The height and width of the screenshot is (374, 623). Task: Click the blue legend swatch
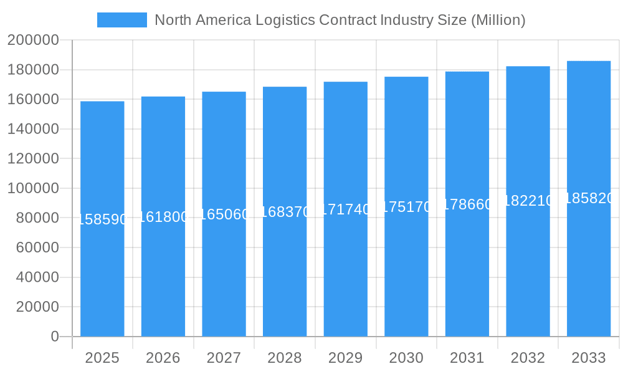[122, 20]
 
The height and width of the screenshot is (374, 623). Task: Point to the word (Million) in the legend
[498, 20]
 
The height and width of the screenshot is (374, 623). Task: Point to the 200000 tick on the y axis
[33, 41]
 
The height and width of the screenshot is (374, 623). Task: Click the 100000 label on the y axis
[33, 188]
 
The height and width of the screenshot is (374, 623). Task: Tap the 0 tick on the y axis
[54, 337]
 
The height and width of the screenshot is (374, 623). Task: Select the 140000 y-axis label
[33, 129]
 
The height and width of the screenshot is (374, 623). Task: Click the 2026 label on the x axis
[163, 358]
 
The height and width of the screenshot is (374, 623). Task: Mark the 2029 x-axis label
[345, 358]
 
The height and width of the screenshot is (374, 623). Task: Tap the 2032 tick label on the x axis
[528, 358]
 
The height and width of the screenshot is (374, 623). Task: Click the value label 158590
[102, 219]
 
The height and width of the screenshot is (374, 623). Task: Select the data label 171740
[345, 209]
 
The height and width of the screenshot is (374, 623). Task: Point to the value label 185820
[589, 198]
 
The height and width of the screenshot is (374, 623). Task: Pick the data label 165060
[224, 214]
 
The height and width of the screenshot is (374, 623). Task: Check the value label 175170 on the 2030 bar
[406, 207]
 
